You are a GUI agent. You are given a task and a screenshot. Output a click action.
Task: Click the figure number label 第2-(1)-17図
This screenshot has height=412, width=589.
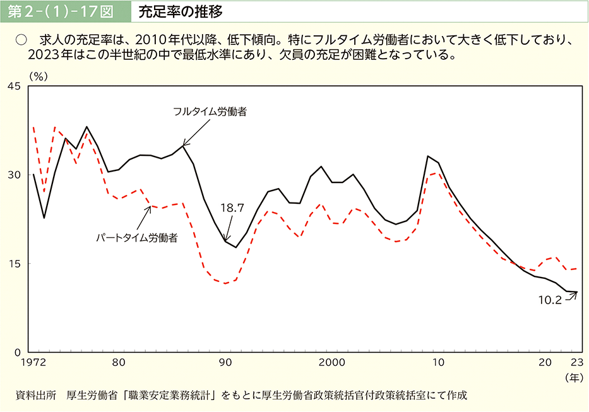(64, 11)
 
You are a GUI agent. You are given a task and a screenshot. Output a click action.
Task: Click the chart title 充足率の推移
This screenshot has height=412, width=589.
(181, 11)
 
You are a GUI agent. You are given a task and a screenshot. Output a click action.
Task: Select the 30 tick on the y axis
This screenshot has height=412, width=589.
(15, 175)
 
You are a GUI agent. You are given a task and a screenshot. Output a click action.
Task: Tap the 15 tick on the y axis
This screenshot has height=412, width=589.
(15, 263)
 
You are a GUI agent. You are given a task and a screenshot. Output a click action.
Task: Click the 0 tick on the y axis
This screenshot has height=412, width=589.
(18, 351)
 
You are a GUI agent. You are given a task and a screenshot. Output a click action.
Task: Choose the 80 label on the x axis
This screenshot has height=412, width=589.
(118, 363)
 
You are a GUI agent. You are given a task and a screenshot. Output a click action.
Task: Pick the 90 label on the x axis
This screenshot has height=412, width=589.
(225, 363)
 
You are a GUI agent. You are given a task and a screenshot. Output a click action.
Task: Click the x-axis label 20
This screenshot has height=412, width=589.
(545, 363)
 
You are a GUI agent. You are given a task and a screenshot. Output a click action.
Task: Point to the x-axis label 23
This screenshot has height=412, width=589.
(576, 363)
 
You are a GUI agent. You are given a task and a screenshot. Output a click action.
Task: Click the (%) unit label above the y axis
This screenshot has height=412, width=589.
(39, 74)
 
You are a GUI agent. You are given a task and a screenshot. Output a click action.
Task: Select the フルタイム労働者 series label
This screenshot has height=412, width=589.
(210, 112)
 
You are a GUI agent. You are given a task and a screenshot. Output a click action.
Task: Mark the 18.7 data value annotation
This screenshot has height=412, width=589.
(232, 207)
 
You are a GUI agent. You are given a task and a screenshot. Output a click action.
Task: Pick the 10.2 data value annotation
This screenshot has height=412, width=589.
(549, 300)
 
